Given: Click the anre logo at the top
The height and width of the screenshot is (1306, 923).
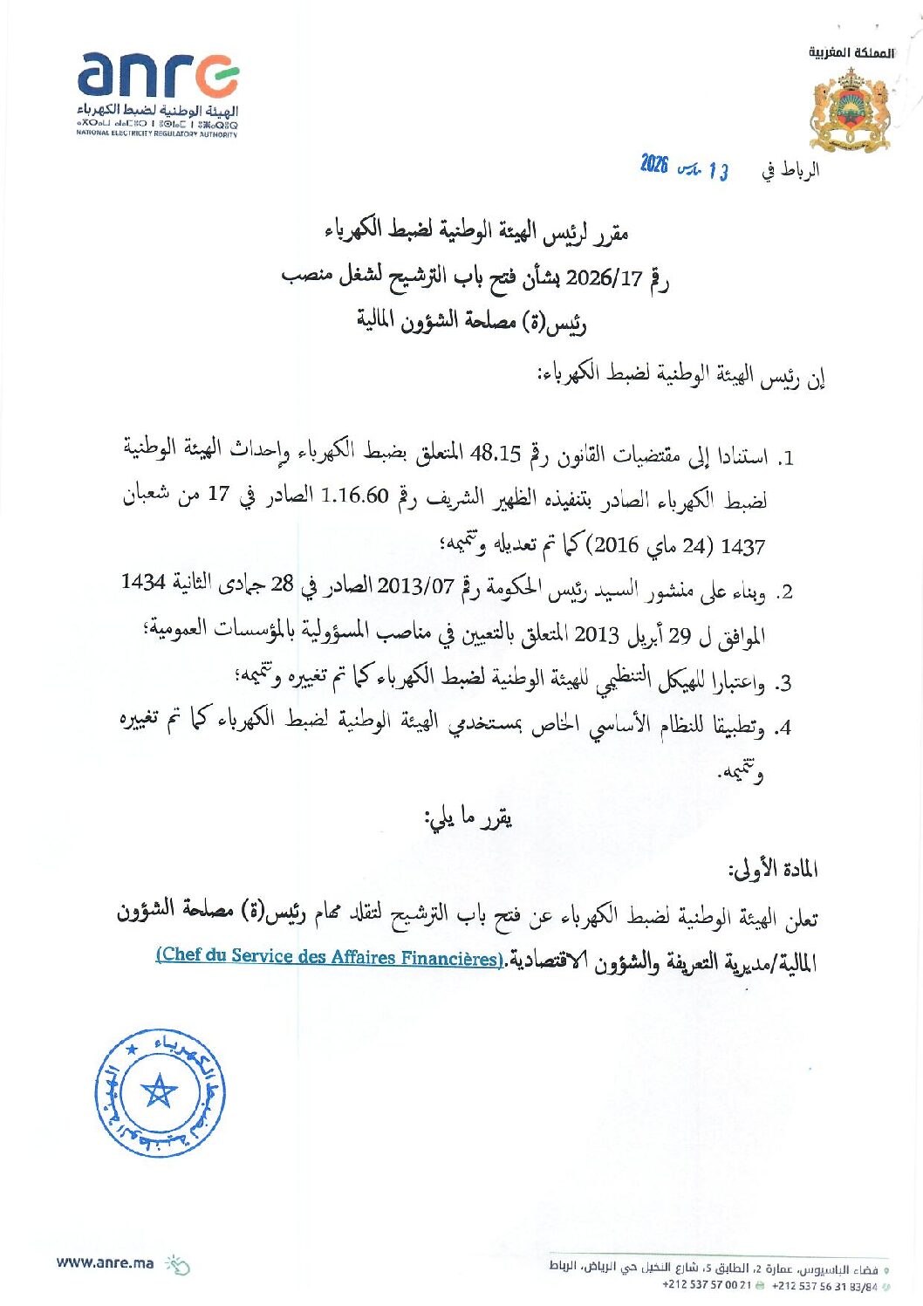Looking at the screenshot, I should [158, 76].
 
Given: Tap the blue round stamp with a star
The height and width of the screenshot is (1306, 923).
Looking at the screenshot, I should [161, 1092].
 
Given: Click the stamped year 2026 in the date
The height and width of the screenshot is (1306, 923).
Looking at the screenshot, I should [653, 164].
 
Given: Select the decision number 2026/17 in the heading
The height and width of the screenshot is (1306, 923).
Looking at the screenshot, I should [604, 278].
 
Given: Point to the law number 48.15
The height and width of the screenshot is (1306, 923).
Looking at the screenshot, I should [496, 455].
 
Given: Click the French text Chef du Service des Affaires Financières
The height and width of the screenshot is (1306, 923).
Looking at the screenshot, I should [330, 956].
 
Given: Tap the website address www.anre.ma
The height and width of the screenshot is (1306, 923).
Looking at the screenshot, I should [105, 1262].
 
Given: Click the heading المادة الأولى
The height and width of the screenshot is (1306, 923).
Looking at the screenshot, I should [772, 870].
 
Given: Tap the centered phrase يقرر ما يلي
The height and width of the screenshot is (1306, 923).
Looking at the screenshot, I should [468, 818].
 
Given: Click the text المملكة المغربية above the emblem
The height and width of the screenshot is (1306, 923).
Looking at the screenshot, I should [851, 53].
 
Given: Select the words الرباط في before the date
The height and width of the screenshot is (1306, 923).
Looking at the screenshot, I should [790, 170].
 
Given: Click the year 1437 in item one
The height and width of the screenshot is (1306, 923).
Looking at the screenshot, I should [742, 547].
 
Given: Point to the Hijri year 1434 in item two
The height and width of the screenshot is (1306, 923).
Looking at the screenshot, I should [143, 582].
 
